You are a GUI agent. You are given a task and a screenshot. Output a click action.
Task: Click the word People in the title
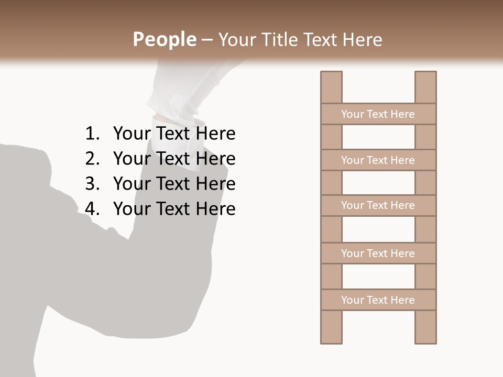[x=164, y=39]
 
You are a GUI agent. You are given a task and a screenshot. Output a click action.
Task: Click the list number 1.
[x=92, y=134]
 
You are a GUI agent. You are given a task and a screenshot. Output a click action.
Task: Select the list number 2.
[x=92, y=159]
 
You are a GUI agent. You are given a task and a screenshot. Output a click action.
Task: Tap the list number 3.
[x=92, y=184]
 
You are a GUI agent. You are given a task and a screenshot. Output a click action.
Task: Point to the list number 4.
[x=92, y=209]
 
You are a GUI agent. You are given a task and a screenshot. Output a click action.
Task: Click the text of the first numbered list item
[x=174, y=134]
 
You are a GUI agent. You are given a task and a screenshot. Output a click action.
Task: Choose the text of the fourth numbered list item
[x=174, y=209]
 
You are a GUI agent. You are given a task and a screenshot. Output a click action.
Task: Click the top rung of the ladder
[x=378, y=114]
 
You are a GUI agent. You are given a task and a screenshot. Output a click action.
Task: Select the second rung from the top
[x=378, y=160]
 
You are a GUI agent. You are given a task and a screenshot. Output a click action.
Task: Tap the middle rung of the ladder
[x=378, y=205]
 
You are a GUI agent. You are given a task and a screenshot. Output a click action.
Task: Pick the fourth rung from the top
[x=378, y=253]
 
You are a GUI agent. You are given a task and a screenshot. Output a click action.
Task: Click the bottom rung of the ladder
[x=378, y=300]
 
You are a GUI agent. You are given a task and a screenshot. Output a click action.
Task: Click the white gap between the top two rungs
[x=378, y=137]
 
